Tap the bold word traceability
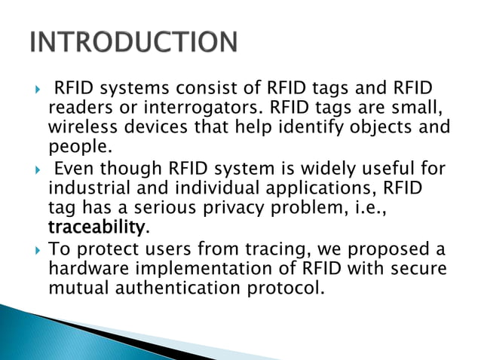tap(96, 226)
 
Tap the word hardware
tap(84, 268)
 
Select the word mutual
tap(78, 287)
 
